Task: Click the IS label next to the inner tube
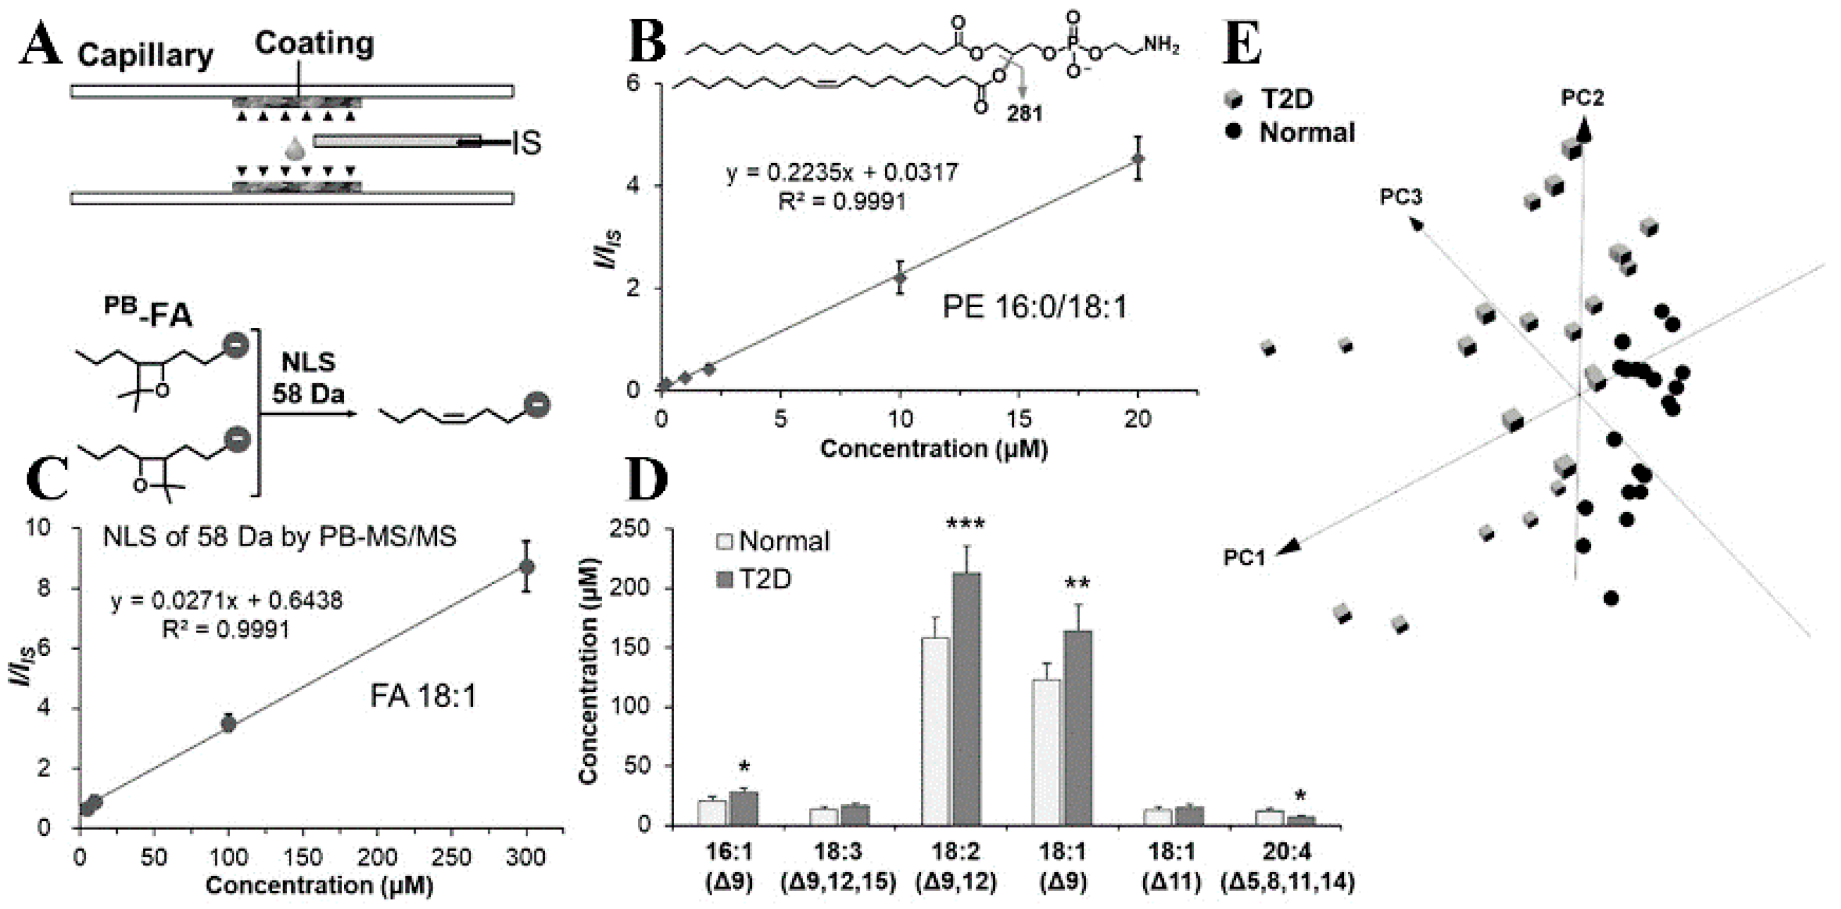click(x=526, y=144)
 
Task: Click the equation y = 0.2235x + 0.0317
click(x=842, y=172)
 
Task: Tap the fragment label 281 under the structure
click(x=1025, y=113)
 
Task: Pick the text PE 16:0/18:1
click(x=1034, y=308)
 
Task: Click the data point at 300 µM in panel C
click(x=527, y=567)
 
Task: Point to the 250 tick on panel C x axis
click(x=453, y=857)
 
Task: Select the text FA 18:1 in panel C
click(x=423, y=695)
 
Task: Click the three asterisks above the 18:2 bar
click(x=966, y=525)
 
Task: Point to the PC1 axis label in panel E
click(x=1244, y=557)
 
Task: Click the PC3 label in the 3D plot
click(x=1400, y=197)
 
